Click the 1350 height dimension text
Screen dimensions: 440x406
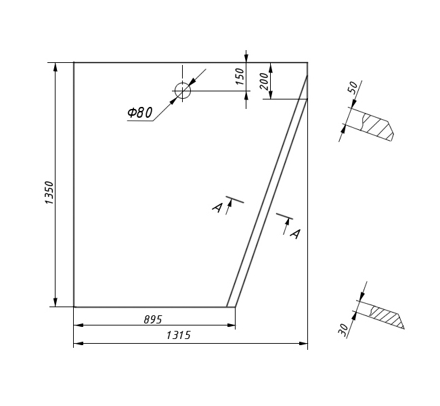(49, 192)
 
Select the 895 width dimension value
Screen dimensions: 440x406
(153, 319)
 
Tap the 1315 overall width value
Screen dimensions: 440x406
(179, 335)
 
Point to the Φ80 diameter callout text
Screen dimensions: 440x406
(139, 112)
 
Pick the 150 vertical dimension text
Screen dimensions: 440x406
(240, 76)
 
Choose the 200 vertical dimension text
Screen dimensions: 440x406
(264, 81)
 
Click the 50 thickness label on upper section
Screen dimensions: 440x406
(353, 87)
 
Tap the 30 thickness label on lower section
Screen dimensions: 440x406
(343, 330)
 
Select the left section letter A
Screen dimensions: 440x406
(217, 208)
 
